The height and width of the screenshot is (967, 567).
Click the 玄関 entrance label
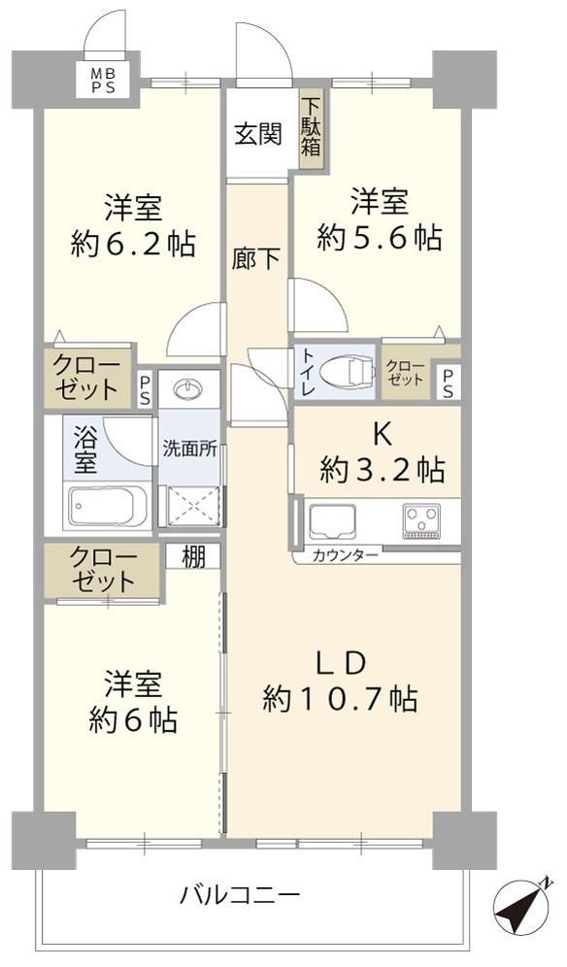(258, 133)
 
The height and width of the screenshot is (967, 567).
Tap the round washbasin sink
(188, 389)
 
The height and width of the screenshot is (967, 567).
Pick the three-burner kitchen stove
(422, 520)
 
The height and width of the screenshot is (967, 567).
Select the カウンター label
(345, 555)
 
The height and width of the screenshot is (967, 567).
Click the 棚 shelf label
(193, 557)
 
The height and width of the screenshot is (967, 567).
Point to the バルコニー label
(240, 894)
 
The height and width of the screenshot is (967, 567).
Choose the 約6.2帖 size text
(133, 245)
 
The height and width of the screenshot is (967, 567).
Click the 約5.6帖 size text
(380, 238)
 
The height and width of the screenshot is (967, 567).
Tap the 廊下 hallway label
(256, 259)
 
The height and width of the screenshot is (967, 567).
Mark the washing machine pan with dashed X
(192, 507)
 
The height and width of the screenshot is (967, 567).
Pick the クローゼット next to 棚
(102, 571)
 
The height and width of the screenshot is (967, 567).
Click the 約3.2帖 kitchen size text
(382, 472)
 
